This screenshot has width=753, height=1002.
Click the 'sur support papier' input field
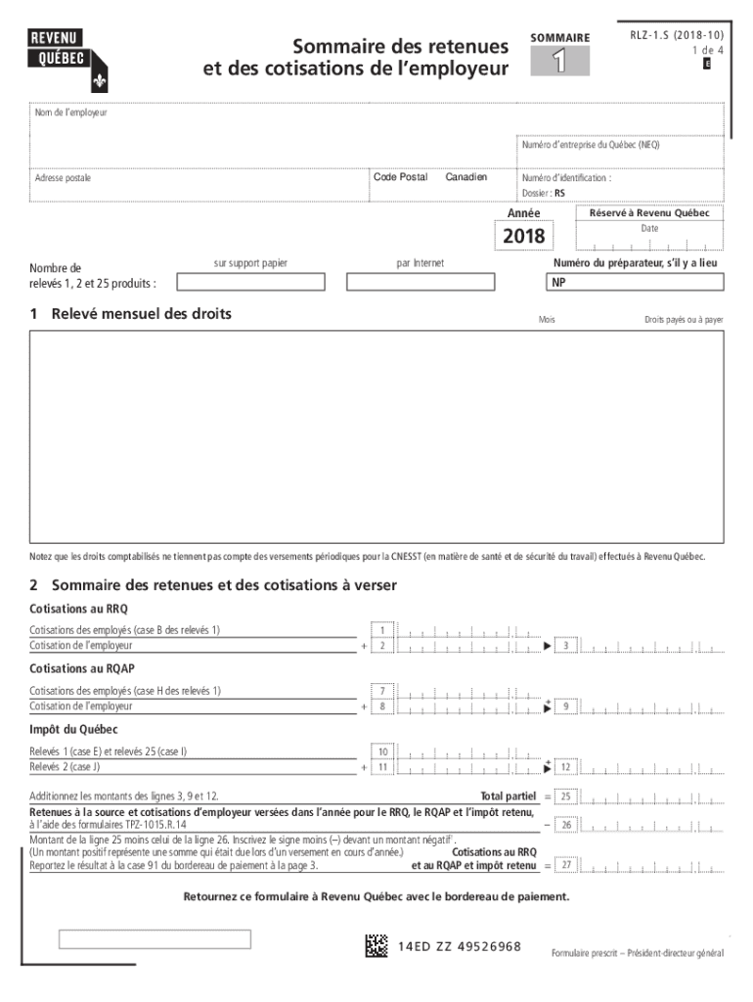point(250,282)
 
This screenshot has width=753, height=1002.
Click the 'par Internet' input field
point(420,282)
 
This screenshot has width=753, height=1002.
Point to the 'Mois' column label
point(547,320)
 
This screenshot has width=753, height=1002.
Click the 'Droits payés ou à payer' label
point(684,320)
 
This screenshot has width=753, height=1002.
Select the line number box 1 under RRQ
point(383,630)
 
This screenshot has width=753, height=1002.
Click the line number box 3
point(565,646)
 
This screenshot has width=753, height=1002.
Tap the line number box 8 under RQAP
point(383,706)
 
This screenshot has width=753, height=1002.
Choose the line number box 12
point(565,767)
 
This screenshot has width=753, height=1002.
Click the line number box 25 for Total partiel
point(565,797)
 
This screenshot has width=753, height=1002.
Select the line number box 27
point(565,865)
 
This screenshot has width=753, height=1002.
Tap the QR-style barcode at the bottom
point(377,946)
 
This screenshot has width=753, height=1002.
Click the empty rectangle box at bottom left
point(155,939)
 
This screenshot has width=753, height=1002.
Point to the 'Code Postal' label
point(400,177)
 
